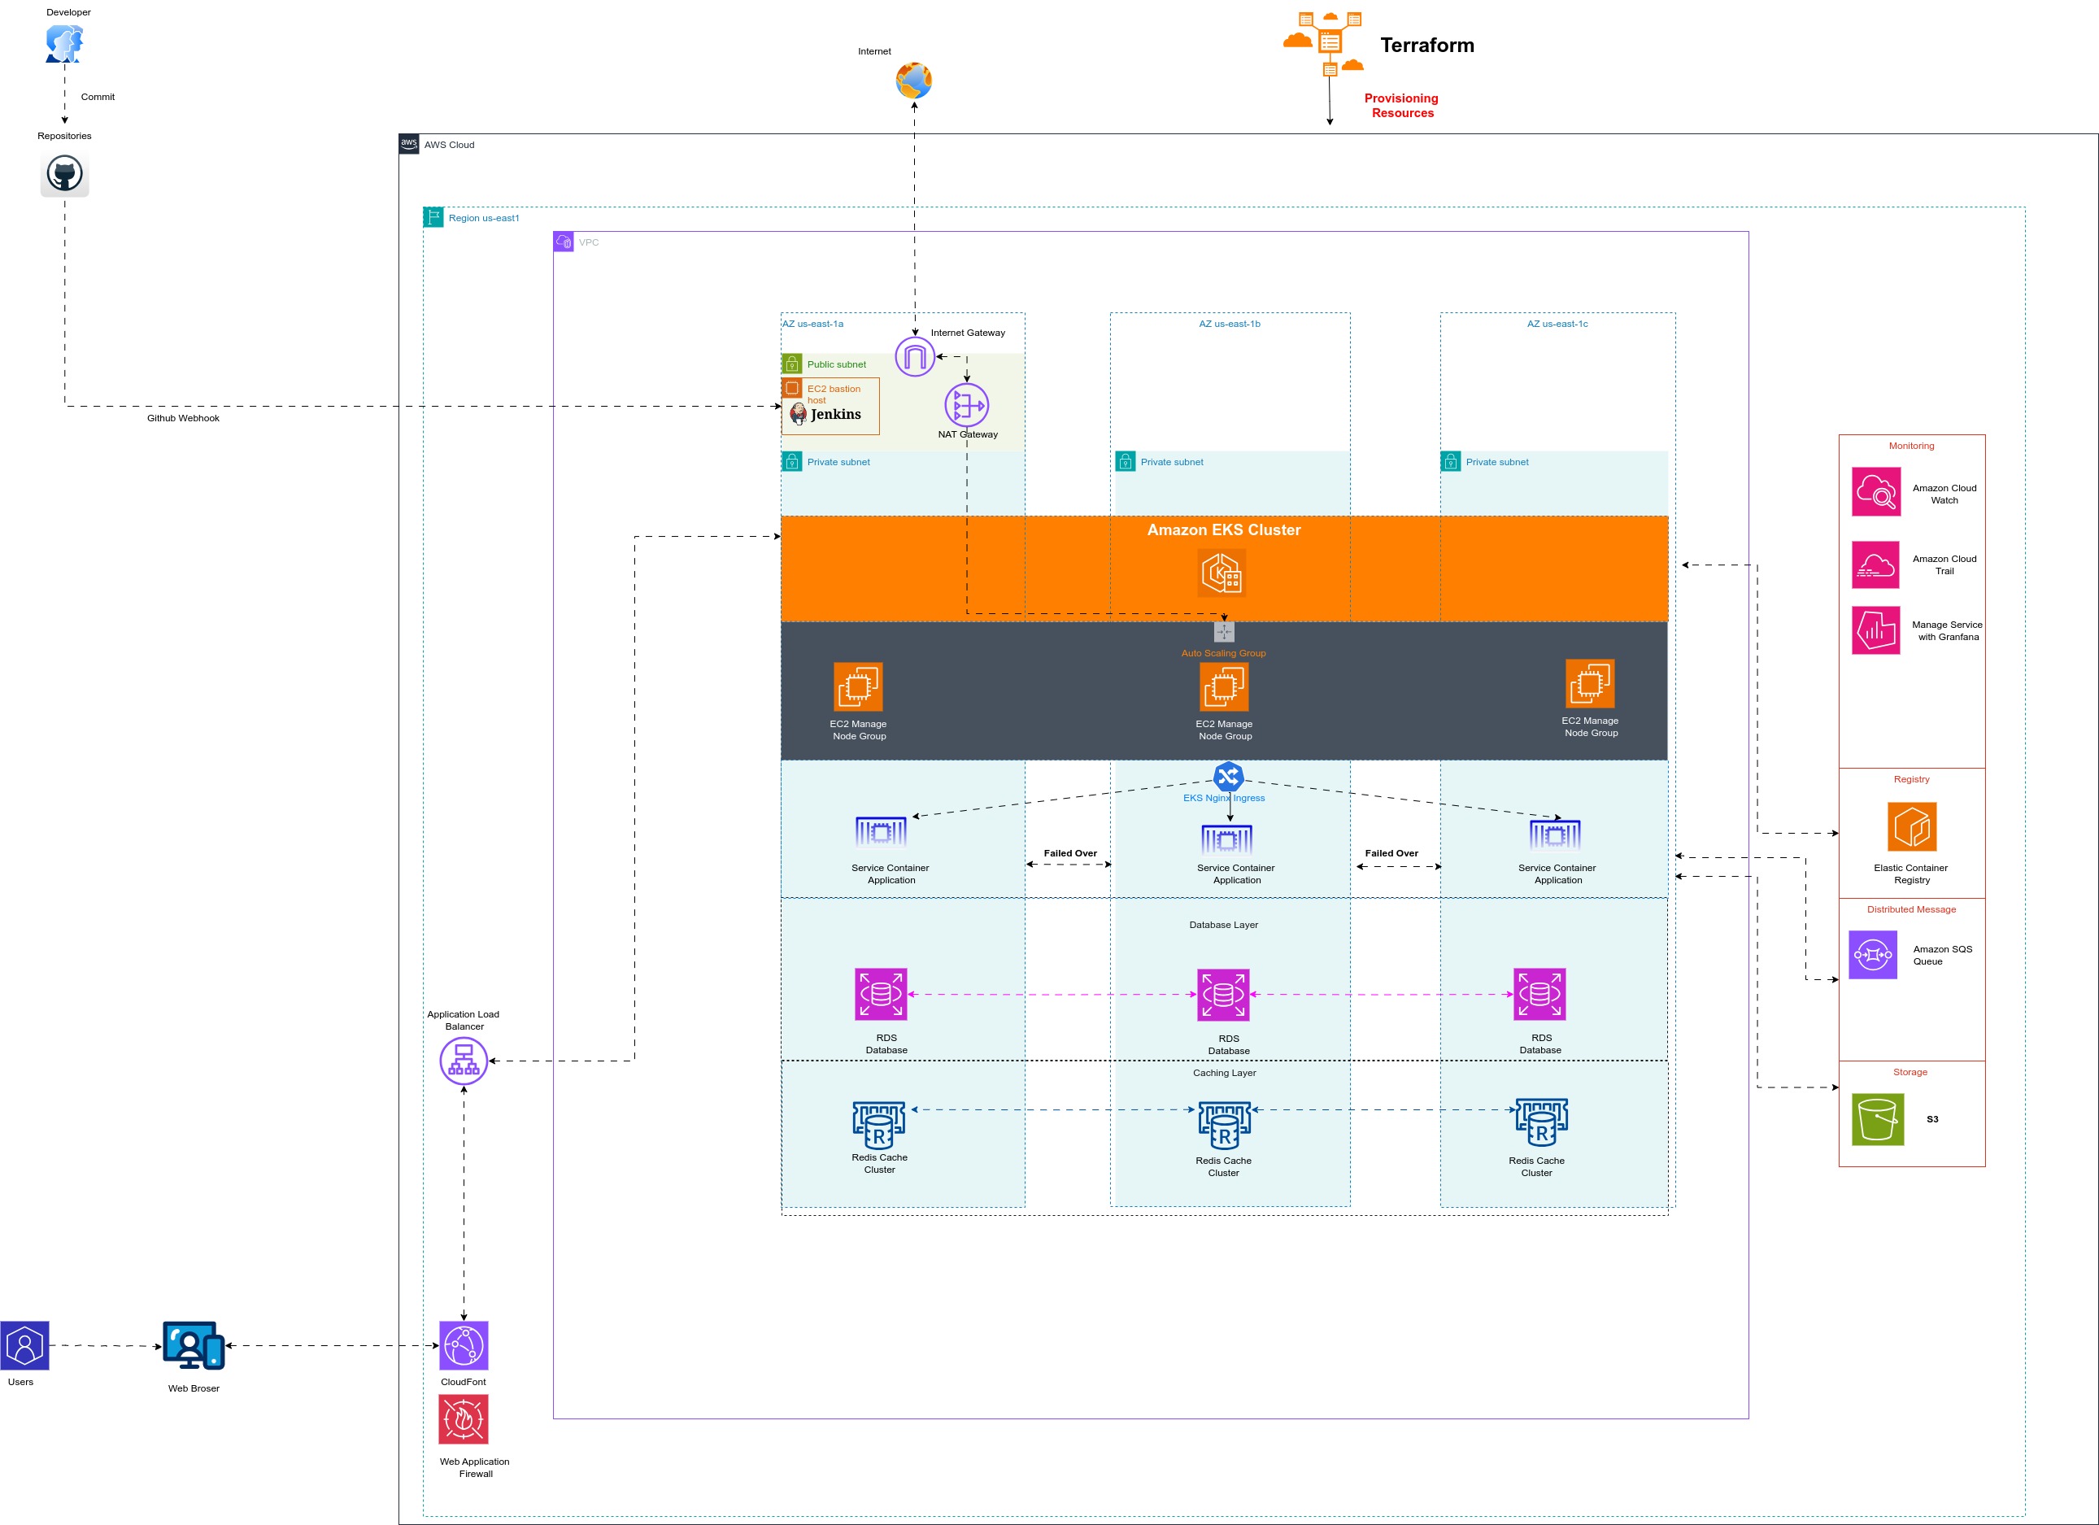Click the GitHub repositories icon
[64, 174]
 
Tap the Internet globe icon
[912, 81]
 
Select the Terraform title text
[1426, 46]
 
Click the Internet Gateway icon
[914, 356]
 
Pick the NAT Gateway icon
[966, 405]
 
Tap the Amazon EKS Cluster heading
[1223, 529]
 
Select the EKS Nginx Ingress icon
[1228, 775]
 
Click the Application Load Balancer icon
[464, 1061]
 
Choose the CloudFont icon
[464, 1345]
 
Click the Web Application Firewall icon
[464, 1418]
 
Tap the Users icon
[25, 1345]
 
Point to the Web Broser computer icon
[194, 1345]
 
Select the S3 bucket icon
[1878, 1119]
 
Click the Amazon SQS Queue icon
[1873, 954]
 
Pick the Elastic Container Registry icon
[1911, 826]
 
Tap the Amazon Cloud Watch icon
[1876, 491]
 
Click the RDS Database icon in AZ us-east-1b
[1222, 995]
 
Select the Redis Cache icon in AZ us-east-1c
[1541, 1122]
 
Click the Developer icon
[64, 43]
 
